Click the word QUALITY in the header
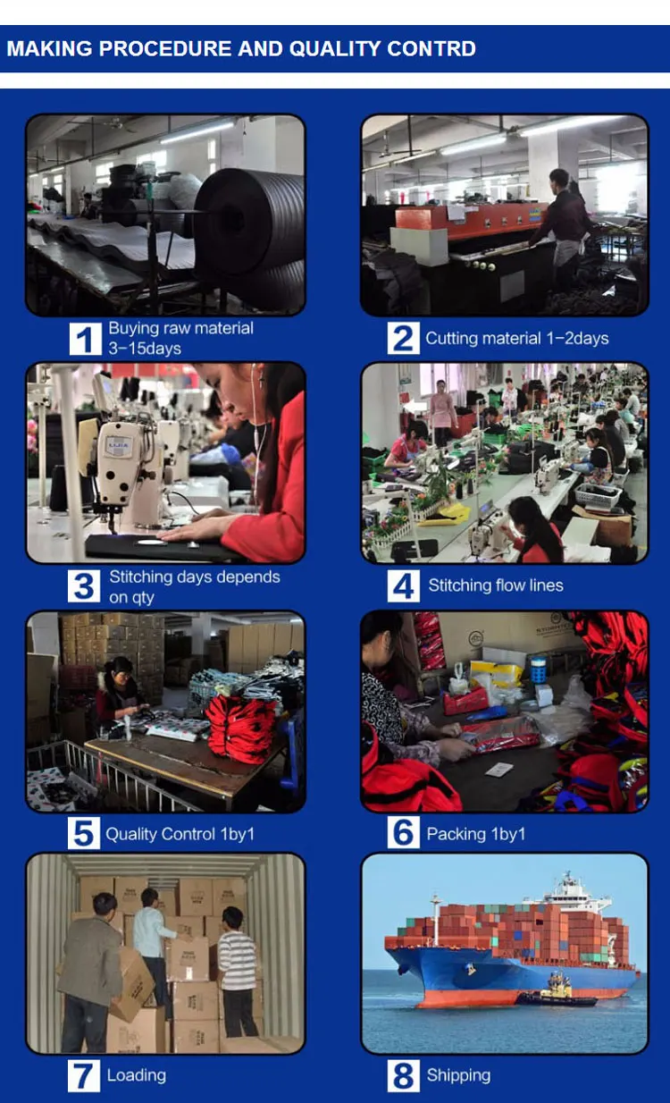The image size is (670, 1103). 334,49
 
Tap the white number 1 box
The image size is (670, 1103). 85,338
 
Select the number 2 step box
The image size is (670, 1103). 403,338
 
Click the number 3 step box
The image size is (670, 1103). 84,586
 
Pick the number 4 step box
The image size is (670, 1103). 403,586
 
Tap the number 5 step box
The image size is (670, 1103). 84,833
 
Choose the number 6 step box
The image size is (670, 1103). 403,832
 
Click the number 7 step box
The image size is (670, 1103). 84,1075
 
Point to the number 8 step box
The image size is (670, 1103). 403,1075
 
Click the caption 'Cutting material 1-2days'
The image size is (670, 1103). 517,338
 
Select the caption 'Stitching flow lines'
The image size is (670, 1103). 496,585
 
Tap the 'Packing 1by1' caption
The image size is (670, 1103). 476,834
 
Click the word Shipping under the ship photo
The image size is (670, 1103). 458,1075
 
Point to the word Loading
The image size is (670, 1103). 137,1075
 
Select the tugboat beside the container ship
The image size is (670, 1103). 557,990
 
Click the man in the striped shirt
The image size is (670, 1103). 238,970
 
